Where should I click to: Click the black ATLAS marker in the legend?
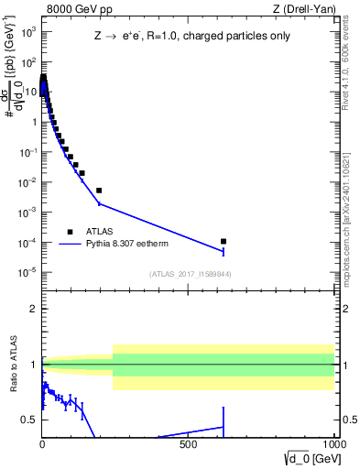70,232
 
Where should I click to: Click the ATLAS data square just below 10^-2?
99,191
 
